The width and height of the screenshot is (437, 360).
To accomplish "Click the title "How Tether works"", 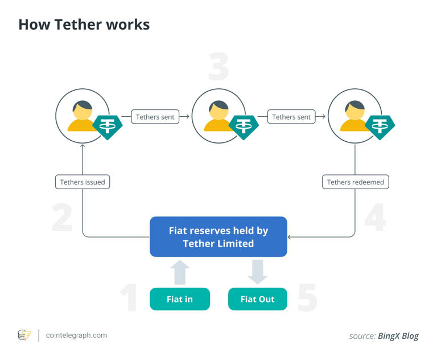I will pos(84,24).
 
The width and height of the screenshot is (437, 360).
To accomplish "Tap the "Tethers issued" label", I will pos(83,182).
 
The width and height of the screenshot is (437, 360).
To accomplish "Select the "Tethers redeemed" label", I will pos(355,182).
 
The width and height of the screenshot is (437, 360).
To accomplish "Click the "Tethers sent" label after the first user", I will pos(155,117).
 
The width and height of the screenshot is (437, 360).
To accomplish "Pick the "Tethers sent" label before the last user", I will pos(291,117).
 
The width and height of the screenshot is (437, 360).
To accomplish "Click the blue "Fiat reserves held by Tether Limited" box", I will pos(218,237).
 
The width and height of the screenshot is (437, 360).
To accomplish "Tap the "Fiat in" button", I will pos(179,299).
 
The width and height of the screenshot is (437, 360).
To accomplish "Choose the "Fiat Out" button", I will pos(257,299).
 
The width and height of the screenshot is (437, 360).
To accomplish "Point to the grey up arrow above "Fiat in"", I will pos(180,273).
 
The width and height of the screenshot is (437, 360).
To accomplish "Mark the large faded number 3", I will pos(218,67).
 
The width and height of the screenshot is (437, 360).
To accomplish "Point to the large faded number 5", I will pos(307,297).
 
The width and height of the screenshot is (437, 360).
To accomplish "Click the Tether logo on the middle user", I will pos(244,127).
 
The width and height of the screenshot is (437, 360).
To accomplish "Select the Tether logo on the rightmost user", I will pos(380,127).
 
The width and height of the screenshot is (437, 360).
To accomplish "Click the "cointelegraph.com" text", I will pos(76,335).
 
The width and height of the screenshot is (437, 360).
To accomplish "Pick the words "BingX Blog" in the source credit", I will pos(398,336).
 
